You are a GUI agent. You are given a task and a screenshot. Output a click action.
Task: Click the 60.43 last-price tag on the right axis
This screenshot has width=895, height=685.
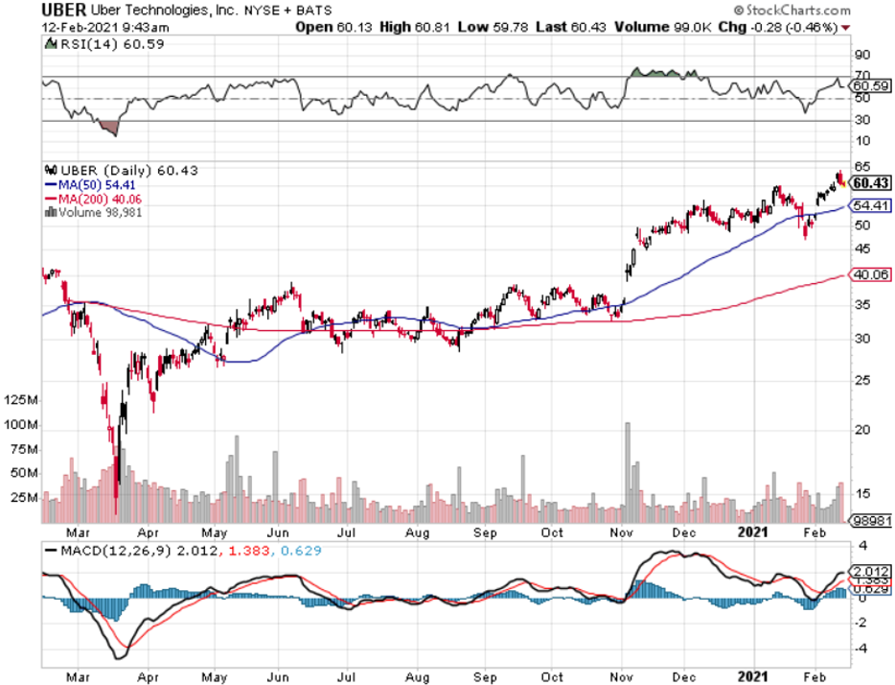pos(872,183)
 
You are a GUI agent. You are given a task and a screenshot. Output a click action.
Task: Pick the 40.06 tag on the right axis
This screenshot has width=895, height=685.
pos(870,274)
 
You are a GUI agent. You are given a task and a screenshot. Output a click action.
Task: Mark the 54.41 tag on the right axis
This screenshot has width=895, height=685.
pos(870,205)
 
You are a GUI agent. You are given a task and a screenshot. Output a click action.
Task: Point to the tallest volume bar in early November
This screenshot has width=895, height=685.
pos(629,470)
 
